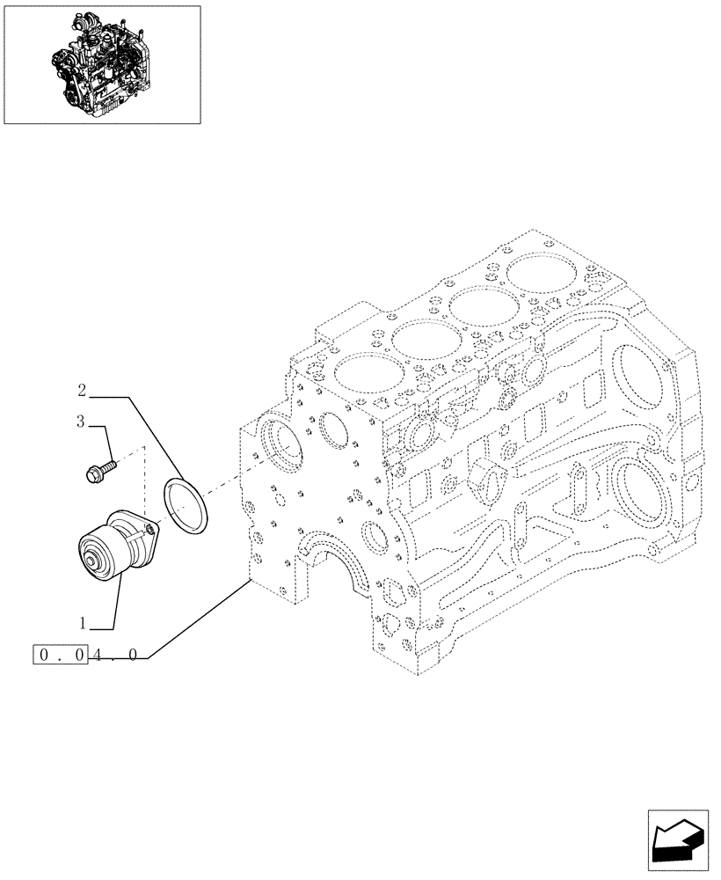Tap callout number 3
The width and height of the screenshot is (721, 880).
click(80, 422)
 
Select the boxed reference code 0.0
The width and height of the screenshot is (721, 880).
click(61, 656)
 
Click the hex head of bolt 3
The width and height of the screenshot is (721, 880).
click(92, 476)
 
